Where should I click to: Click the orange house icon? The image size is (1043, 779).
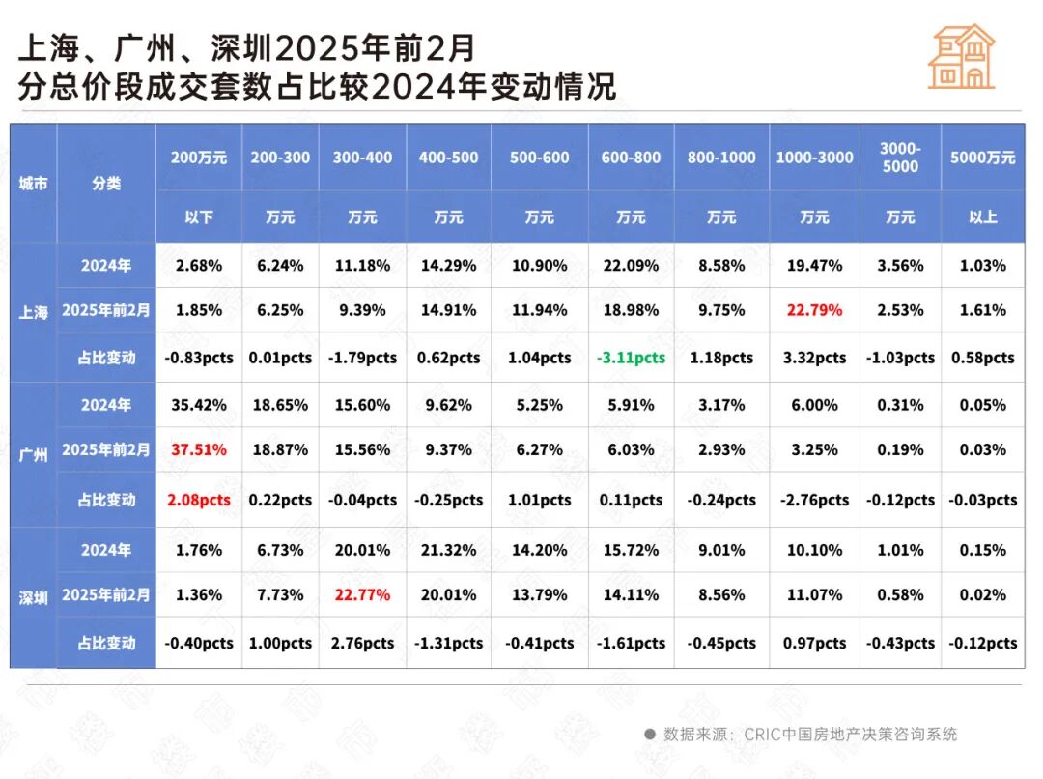click(961, 57)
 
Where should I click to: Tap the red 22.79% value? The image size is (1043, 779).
click(814, 310)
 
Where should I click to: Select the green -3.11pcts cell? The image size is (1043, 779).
click(631, 358)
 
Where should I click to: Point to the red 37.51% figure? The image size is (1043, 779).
click(198, 449)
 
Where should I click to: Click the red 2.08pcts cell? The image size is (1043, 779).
click(198, 500)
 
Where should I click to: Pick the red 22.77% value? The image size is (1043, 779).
click(362, 594)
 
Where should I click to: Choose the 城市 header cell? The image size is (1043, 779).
click(33, 183)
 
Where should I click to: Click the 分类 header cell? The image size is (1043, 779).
click(106, 183)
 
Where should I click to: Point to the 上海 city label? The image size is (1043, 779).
click(33, 312)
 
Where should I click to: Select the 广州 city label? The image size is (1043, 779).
click(33, 454)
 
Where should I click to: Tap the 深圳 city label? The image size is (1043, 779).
click(33, 597)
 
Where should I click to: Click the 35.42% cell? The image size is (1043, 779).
click(198, 405)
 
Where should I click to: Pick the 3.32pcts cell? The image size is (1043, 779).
click(814, 358)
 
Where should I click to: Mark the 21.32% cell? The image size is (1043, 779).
click(448, 550)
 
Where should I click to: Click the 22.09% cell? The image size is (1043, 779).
click(631, 265)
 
